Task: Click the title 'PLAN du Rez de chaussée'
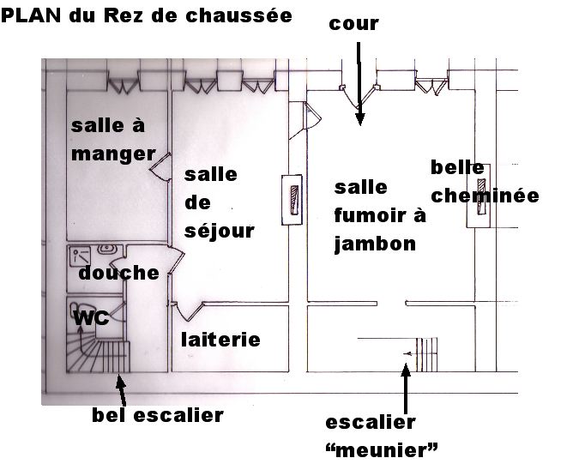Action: pyautogui.click(x=147, y=15)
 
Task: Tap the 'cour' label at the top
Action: pyautogui.click(x=353, y=23)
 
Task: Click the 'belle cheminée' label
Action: pyautogui.click(x=484, y=182)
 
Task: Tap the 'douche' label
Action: pyautogui.click(x=118, y=273)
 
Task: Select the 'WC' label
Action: pyautogui.click(x=92, y=318)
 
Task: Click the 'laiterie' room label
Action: pyautogui.click(x=220, y=340)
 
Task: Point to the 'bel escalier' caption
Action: pyautogui.click(x=157, y=415)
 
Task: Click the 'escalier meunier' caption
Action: pyautogui.click(x=383, y=435)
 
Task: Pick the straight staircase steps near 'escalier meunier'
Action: pyautogui.click(x=427, y=352)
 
